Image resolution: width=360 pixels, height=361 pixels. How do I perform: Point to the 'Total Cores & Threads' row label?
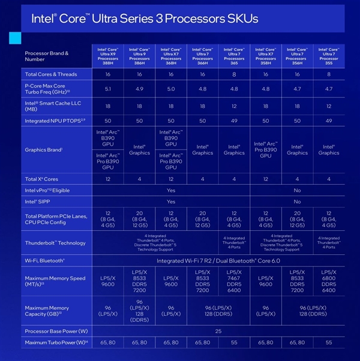pos(50,74)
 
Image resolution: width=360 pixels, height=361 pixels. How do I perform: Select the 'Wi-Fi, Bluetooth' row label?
pos(45,260)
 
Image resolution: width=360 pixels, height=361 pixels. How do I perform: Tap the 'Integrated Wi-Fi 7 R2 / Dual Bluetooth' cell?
pos(218,260)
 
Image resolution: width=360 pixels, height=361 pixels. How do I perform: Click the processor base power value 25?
pos(218,331)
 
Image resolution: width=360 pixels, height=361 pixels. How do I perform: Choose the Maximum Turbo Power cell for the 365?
pos(234,342)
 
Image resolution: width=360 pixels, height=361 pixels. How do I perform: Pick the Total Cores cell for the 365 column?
pos(234,74)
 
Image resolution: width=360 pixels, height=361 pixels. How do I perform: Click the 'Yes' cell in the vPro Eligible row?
pos(171,190)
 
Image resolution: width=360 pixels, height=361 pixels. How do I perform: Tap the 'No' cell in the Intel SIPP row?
pos(297,201)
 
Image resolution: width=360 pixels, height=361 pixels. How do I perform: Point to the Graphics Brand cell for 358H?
pos(266,149)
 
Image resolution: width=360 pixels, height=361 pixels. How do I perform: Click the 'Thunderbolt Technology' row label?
pos(55,243)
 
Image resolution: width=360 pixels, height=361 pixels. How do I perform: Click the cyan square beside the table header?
pos(14,38)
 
